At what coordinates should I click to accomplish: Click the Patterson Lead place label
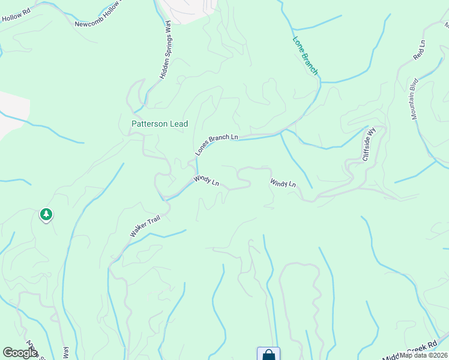point(160,124)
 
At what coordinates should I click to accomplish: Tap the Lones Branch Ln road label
point(216,145)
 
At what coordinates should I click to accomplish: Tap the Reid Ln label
point(418,50)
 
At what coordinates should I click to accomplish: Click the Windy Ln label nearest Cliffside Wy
point(283,183)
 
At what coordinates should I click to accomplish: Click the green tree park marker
point(46,214)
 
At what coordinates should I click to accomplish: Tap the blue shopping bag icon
point(268,354)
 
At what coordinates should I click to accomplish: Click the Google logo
point(20,353)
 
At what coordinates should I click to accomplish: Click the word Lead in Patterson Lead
point(178,124)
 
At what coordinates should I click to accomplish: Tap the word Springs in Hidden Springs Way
point(165,49)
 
